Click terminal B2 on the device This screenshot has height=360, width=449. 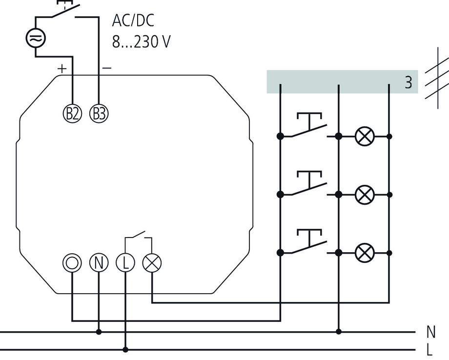pyautogui.click(x=73, y=114)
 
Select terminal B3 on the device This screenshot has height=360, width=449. pyautogui.click(x=99, y=114)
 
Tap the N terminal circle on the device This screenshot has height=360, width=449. pyautogui.click(x=99, y=263)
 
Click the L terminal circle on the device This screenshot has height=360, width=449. pyautogui.click(x=125, y=263)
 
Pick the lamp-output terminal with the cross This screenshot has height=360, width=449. pyautogui.click(x=152, y=263)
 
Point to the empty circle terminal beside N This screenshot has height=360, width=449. pyautogui.click(x=72, y=263)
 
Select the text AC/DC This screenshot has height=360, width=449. pyautogui.click(x=133, y=21)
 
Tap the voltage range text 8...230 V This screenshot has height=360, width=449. pyautogui.click(x=141, y=42)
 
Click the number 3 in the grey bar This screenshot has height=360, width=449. pyautogui.click(x=408, y=82)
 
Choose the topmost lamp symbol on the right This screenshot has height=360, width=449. pyautogui.click(x=364, y=136)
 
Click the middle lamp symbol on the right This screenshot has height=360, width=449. pyautogui.click(x=364, y=195)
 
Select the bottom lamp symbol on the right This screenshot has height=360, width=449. pyautogui.click(x=364, y=253)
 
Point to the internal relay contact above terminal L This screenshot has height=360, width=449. pyautogui.click(x=138, y=237)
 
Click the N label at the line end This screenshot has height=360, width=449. pyautogui.click(x=430, y=332)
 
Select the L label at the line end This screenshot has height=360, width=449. pyautogui.click(x=429, y=350)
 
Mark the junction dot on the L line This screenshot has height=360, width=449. pyautogui.click(x=125, y=350)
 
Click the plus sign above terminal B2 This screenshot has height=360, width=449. pyautogui.click(x=61, y=69)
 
